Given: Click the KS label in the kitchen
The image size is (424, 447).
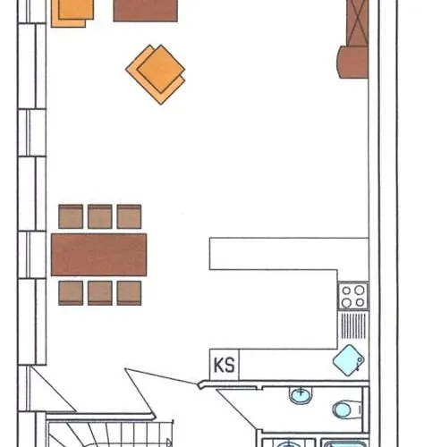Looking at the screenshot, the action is point(225,365).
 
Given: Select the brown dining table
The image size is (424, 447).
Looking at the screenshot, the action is point(98,255).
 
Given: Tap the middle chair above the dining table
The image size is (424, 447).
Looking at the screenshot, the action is point(100,216).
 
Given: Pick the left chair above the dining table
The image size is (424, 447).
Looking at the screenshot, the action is point(71,216).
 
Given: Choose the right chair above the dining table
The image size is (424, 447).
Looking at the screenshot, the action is point(129,216).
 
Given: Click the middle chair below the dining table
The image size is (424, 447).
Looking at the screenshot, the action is point(100,293).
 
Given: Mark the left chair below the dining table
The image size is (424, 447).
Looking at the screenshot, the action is point(71,293).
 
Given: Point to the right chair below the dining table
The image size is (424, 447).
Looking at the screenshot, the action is point(129,293).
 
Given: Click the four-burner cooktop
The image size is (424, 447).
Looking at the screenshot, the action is point(353,296).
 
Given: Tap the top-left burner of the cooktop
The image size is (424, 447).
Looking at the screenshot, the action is point(346,290).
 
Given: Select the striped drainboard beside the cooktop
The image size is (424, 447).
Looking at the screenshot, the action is point(353,325).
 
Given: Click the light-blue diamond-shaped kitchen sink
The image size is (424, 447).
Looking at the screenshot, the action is point(349,360).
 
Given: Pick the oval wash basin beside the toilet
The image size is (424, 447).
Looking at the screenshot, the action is point(301,395).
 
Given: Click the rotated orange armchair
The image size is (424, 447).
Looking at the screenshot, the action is point(156,74).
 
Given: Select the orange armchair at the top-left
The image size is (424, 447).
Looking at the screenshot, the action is point(72,12).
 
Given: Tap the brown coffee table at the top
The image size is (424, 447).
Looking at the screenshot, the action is point(146,11).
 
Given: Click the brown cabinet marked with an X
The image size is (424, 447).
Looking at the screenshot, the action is point(358,23).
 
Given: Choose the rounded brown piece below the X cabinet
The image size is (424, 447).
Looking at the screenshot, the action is point(352,62).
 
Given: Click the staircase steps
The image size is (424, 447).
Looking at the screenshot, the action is point(110,434).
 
